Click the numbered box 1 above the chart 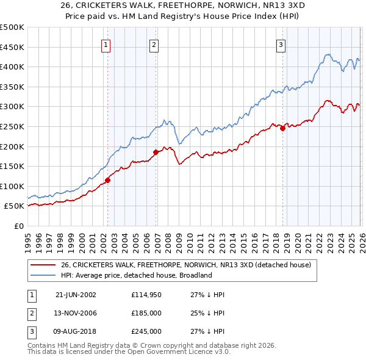coord(106,45)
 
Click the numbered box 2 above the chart coord(154,45)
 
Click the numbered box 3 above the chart coord(281,45)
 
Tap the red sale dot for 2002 coord(108,180)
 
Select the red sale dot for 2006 coord(156,152)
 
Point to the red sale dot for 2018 coord(282,128)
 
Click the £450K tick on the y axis coord(12,47)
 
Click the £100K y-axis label coord(12,186)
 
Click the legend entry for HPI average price coord(135,275)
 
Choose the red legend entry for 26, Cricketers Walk coord(186,265)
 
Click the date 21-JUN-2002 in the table coord(76,294)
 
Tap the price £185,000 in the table coord(146,313)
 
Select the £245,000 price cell coord(146,331)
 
